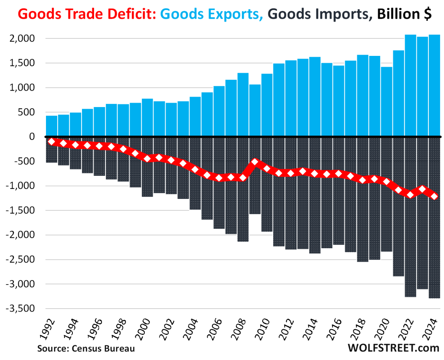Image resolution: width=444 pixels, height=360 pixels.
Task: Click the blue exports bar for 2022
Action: click(410, 85)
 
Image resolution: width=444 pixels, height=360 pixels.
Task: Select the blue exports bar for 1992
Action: click(52, 126)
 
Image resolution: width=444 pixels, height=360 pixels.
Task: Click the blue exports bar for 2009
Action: click(255, 110)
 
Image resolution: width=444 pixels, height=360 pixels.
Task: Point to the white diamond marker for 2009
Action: click(255, 162)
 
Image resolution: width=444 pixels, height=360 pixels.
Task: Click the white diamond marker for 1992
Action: click(52, 142)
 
